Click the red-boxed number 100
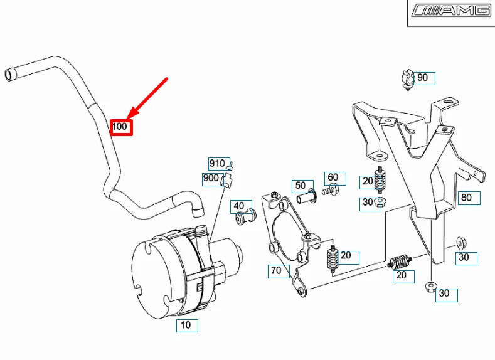pos(120,127)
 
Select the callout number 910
pos(217,164)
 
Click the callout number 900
pos(211,179)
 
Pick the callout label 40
pos(239,206)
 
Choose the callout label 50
pos(301,186)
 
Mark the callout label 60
pos(333,178)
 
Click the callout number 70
pos(276,271)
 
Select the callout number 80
pos(466,198)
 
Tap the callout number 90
pos(423,78)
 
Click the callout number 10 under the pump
pos(186,326)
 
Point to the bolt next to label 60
pos(331,189)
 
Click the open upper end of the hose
pos(9,74)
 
